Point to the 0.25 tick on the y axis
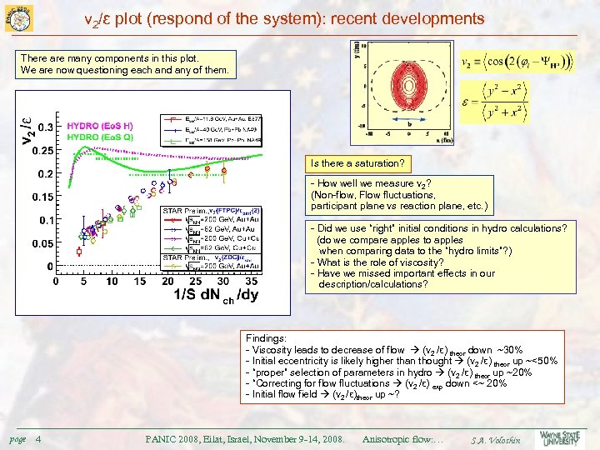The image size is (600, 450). coord(38,150)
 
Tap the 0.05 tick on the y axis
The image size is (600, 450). coord(38,243)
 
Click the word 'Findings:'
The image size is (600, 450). coord(266,339)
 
